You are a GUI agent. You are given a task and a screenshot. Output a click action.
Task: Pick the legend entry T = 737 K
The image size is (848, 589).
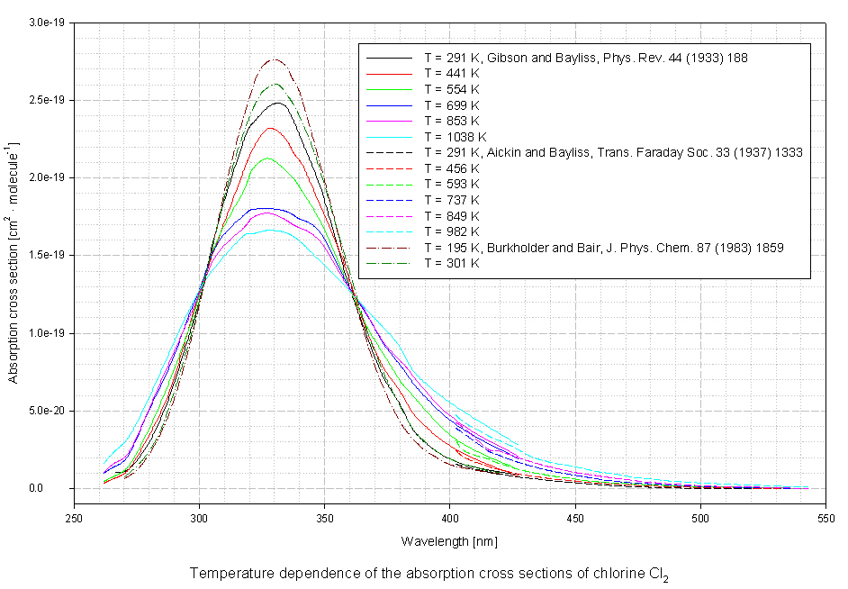453,200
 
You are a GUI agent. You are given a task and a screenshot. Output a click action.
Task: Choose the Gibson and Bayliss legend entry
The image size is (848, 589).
586,57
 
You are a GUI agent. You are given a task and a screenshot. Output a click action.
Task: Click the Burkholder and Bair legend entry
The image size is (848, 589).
604,248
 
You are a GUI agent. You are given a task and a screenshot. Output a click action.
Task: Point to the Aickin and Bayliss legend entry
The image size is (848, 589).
613,152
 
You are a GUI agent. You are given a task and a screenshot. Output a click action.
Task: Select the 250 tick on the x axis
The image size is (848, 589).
75,519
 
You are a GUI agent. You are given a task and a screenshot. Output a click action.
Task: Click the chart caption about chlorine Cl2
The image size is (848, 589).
429,574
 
